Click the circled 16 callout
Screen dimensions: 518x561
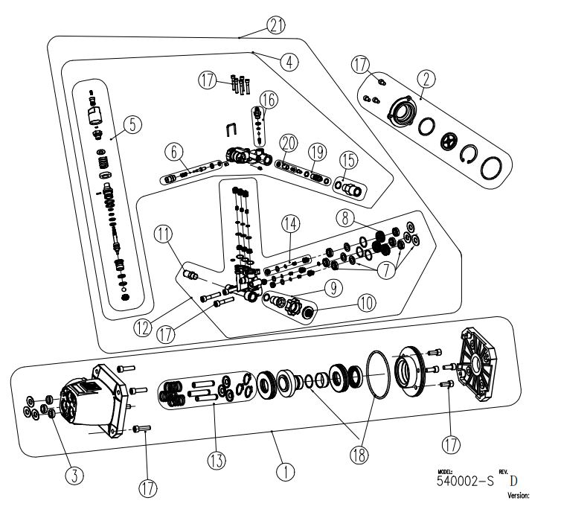click(x=267, y=99)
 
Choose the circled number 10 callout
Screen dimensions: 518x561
click(x=367, y=303)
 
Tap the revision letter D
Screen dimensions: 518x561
click(x=514, y=479)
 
